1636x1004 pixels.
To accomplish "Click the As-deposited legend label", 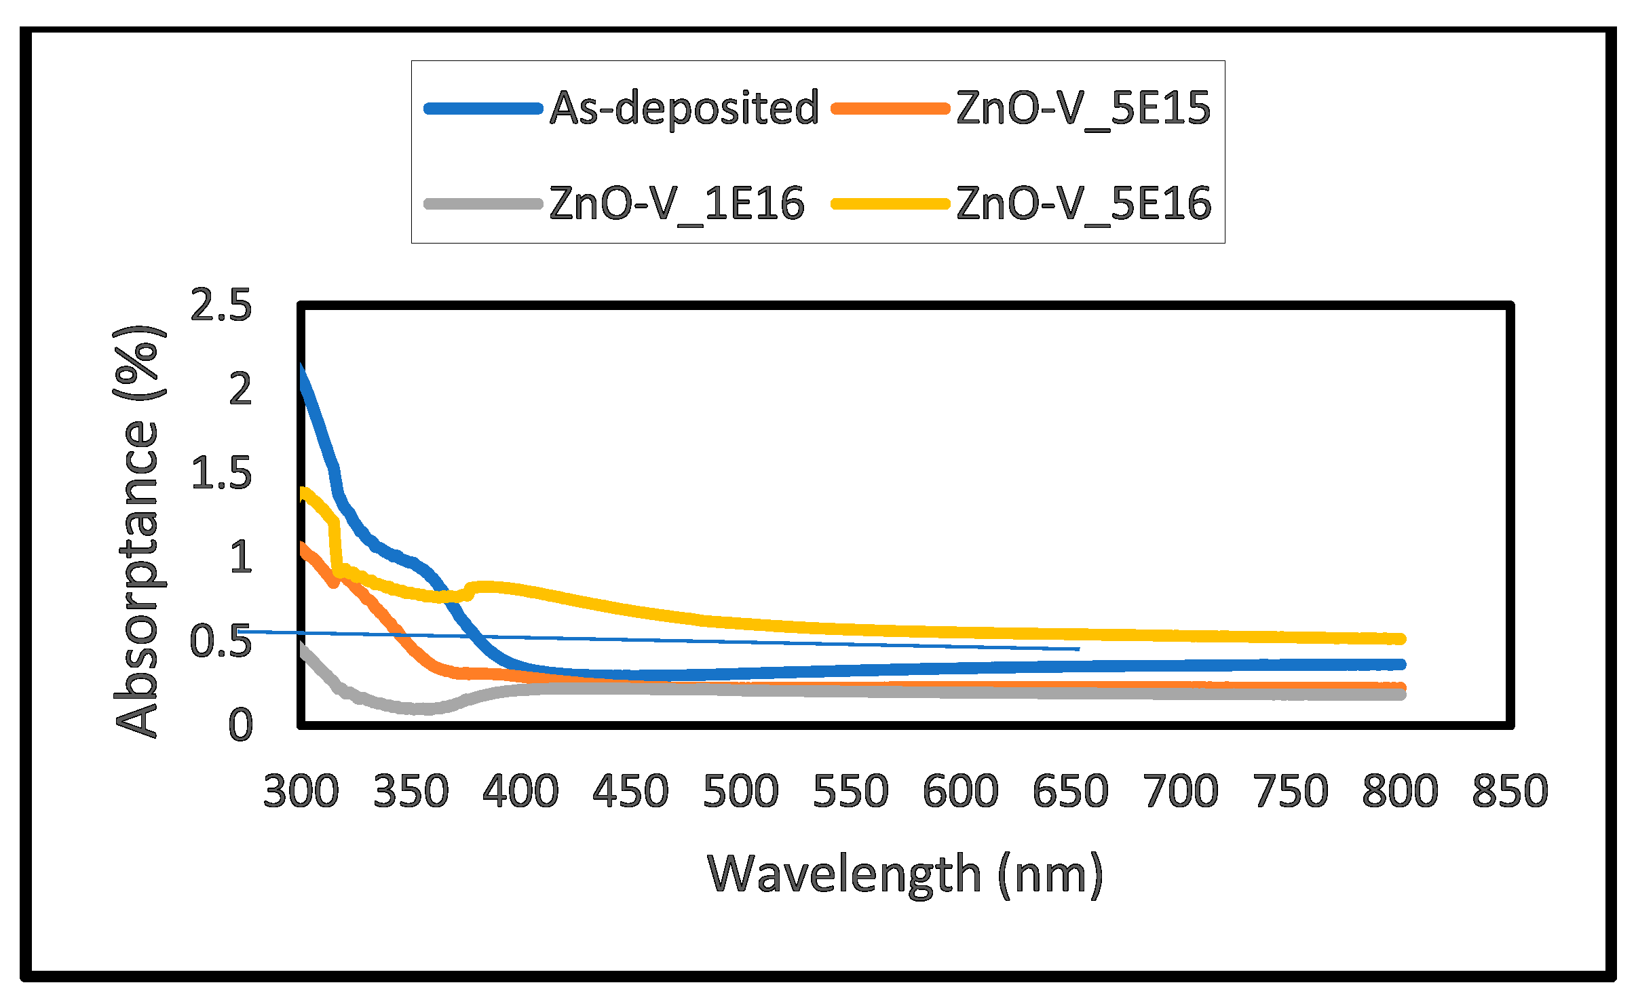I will point(684,109).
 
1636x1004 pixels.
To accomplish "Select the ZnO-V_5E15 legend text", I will point(1083,109).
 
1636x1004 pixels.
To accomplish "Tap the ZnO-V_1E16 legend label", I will point(677,204).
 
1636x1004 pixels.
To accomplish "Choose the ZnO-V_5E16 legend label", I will point(1083,204).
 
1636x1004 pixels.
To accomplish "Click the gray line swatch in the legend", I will point(483,204).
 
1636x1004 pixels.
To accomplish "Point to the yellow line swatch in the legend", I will point(890,204).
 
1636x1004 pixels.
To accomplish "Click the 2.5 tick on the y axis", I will point(221,305).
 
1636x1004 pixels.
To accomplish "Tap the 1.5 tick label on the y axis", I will point(221,473).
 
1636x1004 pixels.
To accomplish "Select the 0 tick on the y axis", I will point(240,725).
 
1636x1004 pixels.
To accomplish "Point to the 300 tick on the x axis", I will point(301,791).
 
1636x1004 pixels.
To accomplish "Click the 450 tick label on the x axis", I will point(630,791).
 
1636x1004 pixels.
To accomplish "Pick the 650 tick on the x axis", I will point(1070,791).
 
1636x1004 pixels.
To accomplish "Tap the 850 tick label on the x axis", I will point(1510,791).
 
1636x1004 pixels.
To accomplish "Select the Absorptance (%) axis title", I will point(138,530).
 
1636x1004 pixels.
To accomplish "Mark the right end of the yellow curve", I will point(1399,639).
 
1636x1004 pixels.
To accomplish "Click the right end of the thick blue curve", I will point(1399,665).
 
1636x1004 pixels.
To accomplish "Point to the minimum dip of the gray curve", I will point(421,709).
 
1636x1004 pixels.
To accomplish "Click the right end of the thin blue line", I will point(1078,649).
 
